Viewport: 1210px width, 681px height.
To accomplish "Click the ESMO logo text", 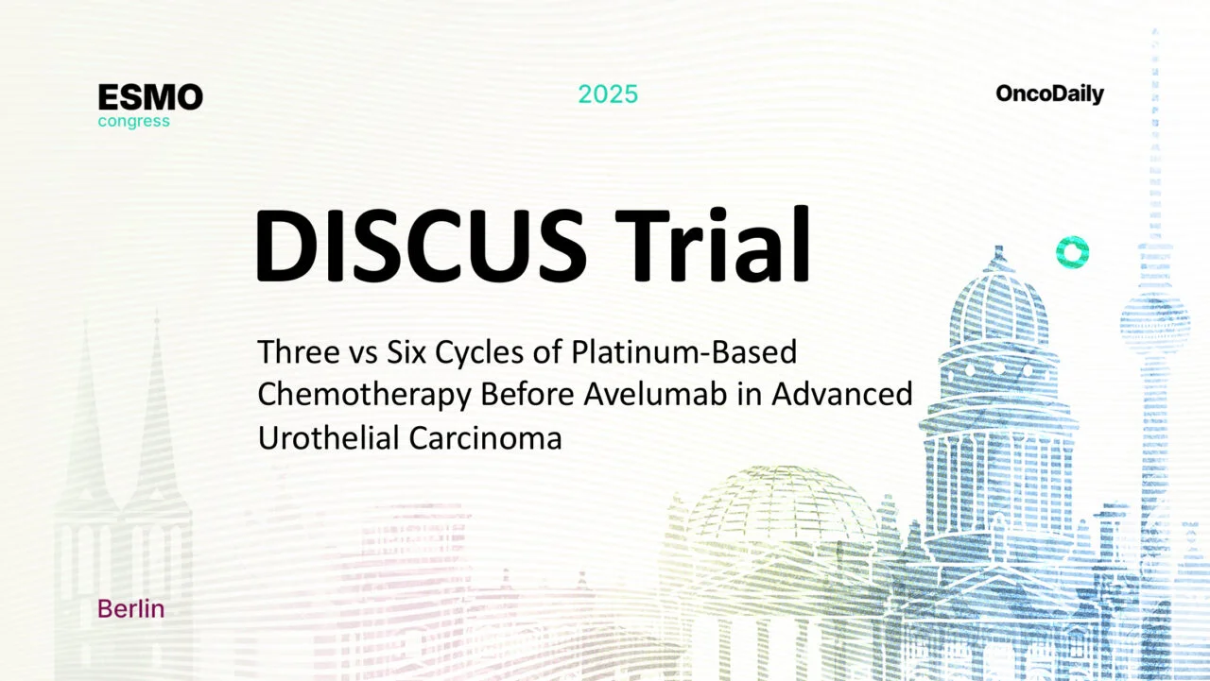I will pyautogui.click(x=150, y=97).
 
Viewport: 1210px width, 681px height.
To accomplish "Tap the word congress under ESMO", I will pyautogui.click(x=134, y=121).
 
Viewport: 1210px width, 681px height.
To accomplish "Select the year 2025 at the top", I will pyautogui.click(x=608, y=94).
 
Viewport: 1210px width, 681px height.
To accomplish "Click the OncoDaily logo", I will pyautogui.click(x=1049, y=94).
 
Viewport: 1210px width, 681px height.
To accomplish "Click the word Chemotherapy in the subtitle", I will pyautogui.click(x=365, y=395).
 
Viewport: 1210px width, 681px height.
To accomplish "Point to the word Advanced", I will pyautogui.click(x=841, y=395).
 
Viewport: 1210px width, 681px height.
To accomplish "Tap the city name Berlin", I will pyautogui.click(x=130, y=609).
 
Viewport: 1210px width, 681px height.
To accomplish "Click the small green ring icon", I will pyautogui.click(x=1072, y=251).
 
